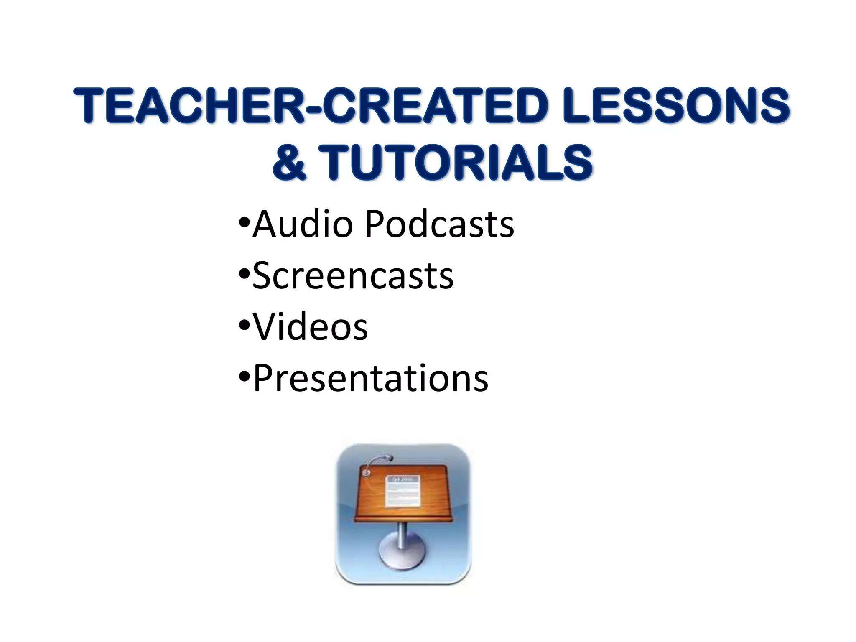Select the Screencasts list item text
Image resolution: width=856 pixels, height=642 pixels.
(353, 275)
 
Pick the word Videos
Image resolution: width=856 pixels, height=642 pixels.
(311, 326)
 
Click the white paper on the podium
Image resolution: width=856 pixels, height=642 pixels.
(403, 491)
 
